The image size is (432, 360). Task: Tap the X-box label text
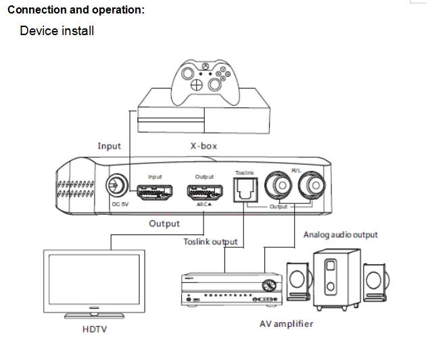click(203, 145)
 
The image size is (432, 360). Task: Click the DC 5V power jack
click(116, 184)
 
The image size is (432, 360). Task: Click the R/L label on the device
click(295, 170)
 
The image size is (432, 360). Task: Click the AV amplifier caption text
click(286, 324)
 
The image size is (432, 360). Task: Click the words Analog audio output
click(340, 235)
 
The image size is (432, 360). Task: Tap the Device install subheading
click(57, 31)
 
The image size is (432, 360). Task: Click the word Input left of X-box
click(109, 145)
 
